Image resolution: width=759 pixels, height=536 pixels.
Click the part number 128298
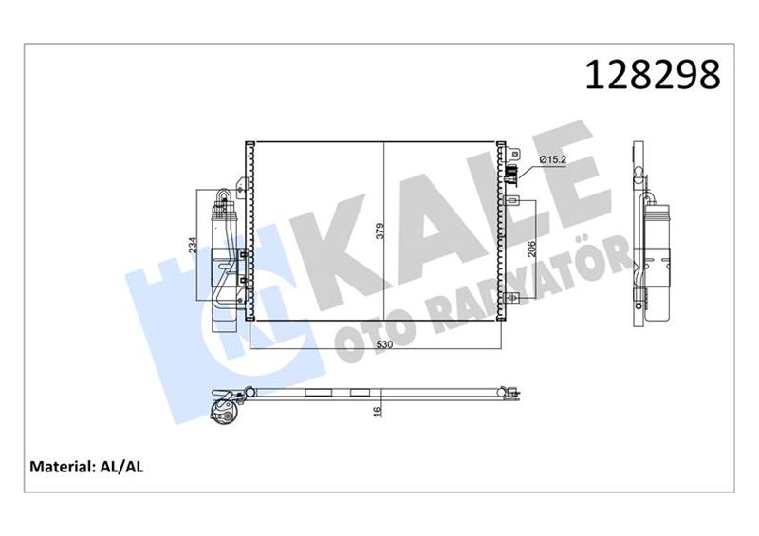tap(654, 75)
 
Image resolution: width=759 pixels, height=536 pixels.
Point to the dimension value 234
tap(194, 246)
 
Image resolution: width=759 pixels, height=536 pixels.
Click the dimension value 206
tap(533, 249)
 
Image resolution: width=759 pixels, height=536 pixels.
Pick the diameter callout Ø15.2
tap(552, 159)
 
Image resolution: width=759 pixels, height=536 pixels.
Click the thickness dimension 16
tap(377, 410)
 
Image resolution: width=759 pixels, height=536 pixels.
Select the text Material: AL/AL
tap(86, 467)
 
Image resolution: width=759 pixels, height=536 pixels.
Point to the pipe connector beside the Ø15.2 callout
tap(512, 173)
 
